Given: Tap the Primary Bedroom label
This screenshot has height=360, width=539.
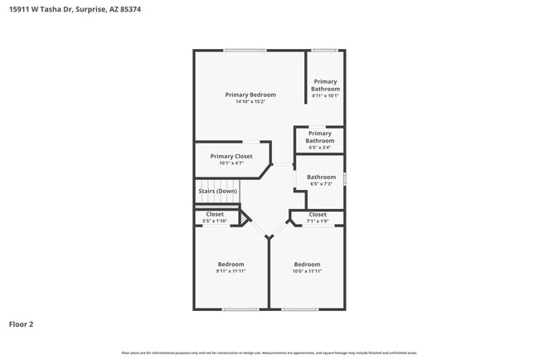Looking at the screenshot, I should tap(250, 95).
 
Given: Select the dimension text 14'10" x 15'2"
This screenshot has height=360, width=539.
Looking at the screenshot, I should tap(250, 102).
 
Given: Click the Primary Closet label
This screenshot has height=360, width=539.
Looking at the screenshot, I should tap(231, 156).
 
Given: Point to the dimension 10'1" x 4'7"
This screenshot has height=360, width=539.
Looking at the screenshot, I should tap(231, 163).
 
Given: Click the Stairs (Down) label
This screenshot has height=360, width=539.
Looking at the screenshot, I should tap(218, 192).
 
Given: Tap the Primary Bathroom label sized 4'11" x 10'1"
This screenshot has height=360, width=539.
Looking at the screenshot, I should tap(325, 85).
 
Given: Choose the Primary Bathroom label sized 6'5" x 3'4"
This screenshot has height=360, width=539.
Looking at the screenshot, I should tap(319, 137).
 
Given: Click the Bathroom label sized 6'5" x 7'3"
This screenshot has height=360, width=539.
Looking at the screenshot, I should tap(321, 177).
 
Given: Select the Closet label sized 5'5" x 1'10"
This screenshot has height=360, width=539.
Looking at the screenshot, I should tap(215, 214).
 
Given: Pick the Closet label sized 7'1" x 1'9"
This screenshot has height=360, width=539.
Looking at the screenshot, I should tap(317, 214).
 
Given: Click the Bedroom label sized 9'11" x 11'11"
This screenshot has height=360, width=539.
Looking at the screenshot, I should tap(231, 264).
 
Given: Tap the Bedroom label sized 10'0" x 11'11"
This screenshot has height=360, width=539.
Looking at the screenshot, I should tap(307, 264).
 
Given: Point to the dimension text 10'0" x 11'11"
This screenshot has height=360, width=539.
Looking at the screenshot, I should tap(307, 271).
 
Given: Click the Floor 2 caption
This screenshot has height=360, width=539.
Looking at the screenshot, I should tap(22, 324).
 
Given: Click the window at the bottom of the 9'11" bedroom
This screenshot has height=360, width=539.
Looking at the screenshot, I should tap(240, 309).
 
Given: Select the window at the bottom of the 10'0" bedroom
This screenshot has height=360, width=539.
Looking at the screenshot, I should tap(299, 309).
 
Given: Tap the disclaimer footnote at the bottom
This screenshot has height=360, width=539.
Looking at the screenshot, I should tap(269, 353).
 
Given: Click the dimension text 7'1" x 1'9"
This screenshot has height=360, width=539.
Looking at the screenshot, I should tap(317, 221).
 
